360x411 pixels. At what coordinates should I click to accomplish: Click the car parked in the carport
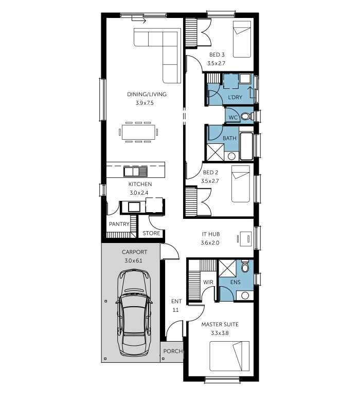pyautogui.click(x=134, y=312)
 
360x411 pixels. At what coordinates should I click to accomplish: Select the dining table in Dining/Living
pyautogui.click(x=138, y=132)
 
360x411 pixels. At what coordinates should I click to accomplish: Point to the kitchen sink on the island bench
pyautogui.click(x=135, y=172)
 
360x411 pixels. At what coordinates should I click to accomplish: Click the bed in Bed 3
pyautogui.click(x=242, y=40)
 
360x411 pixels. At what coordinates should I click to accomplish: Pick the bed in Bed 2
pyautogui.click(x=240, y=184)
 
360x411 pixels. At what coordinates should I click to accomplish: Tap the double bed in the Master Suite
pyautogui.click(x=229, y=356)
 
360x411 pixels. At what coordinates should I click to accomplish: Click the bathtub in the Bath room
pyautogui.click(x=246, y=146)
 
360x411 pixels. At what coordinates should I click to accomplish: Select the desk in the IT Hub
pyautogui.click(x=246, y=239)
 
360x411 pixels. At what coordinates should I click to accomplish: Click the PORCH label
pyautogui.click(x=173, y=351)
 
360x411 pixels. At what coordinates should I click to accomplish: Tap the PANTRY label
pyautogui.click(x=119, y=224)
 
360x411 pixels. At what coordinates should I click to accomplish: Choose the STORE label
pyautogui.click(x=151, y=233)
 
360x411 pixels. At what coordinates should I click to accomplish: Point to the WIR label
pyautogui.click(x=208, y=282)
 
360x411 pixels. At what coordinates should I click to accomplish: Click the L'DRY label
pyautogui.click(x=235, y=97)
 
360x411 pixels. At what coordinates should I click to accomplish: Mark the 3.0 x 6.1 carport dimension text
pyautogui.click(x=134, y=260)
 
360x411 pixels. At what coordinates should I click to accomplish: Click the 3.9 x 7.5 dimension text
pyautogui.click(x=145, y=103)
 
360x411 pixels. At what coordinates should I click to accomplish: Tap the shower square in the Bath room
pyautogui.click(x=215, y=152)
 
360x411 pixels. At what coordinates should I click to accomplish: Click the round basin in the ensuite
pyautogui.click(x=245, y=296)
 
